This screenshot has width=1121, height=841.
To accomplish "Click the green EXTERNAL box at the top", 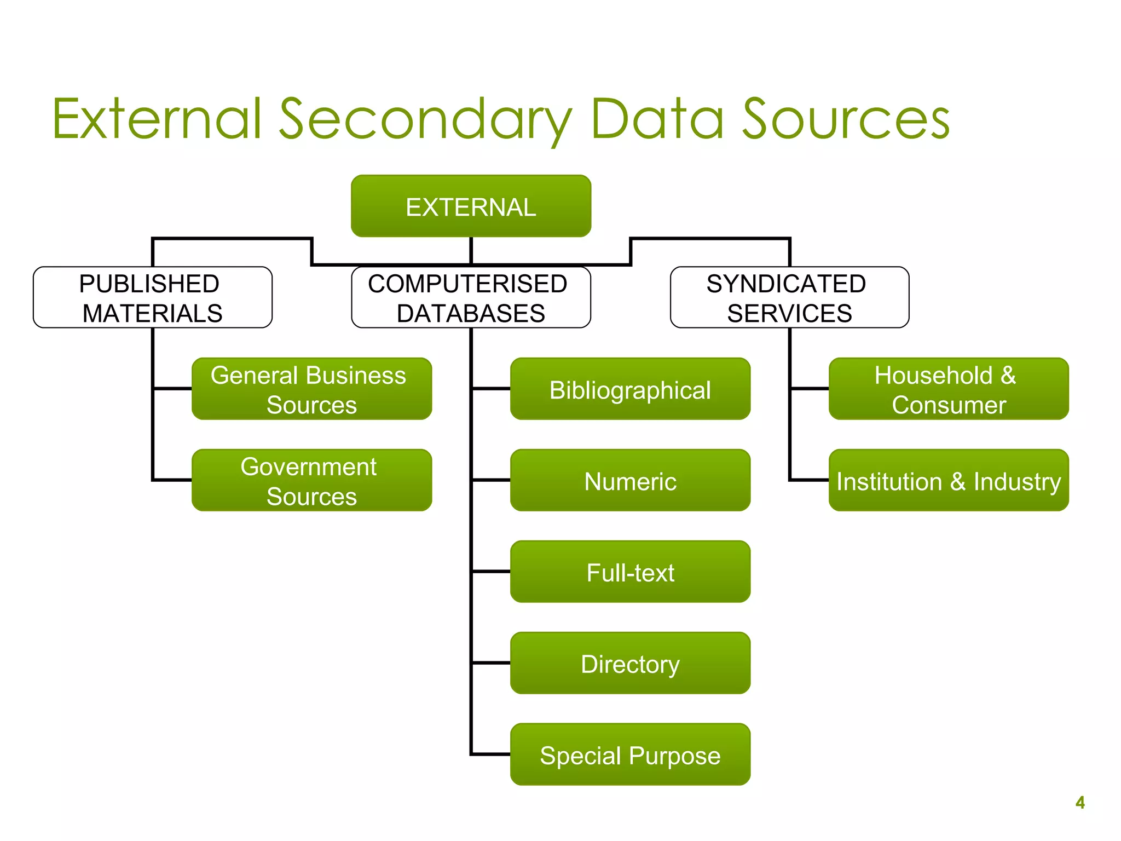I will click(x=471, y=206).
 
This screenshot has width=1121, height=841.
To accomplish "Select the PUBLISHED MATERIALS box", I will click(x=152, y=298).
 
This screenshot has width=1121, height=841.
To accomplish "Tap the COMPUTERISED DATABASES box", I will click(x=471, y=298).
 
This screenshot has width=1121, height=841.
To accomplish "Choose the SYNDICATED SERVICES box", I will click(x=789, y=298).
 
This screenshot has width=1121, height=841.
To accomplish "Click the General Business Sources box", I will click(x=311, y=389).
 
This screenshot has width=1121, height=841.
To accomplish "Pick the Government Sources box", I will click(x=311, y=481).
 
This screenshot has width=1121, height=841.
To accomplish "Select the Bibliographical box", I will click(x=630, y=389).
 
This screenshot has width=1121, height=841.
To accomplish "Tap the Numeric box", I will click(x=630, y=481).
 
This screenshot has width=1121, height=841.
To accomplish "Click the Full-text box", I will click(x=630, y=572).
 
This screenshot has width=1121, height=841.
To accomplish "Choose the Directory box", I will click(x=630, y=664).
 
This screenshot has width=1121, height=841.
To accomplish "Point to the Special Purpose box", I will click(x=630, y=755).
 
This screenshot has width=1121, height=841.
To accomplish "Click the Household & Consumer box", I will click(x=949, y=389).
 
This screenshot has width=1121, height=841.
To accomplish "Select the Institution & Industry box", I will click(x=949, y=481).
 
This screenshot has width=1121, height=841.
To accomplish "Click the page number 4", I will click(x=1080, y=803).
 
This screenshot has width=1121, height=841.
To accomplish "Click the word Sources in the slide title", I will click(x=846, y=119).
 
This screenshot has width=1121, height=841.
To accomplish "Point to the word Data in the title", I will click(x=657, y=119).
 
